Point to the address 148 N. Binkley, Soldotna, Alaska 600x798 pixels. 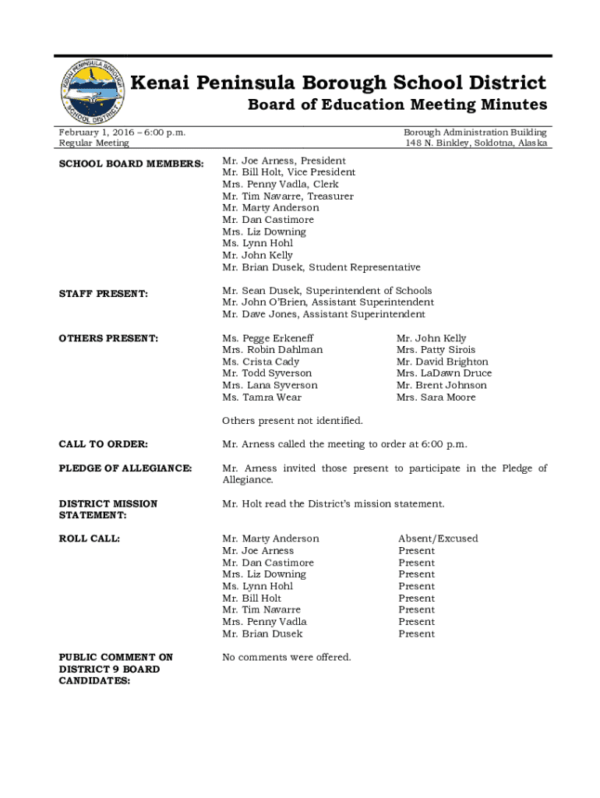(475, 143)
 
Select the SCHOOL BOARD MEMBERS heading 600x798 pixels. (132, 164)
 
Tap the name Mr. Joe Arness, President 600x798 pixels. (284, 161)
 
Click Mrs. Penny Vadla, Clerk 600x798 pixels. (280, 185)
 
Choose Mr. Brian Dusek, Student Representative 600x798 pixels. (321, 267)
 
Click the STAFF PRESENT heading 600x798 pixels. (103, 294)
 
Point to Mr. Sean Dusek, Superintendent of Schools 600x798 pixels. (326, 291)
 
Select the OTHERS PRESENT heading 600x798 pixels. (108, 338)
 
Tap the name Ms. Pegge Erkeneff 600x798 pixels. (267, 338)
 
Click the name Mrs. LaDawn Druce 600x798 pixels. (444, 373)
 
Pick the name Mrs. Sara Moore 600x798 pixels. (436, 397)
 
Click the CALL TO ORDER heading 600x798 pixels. (103, 444)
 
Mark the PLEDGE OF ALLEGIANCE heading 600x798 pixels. (125, 468)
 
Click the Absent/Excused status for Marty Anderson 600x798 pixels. (438, 538)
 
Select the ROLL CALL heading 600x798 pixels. (89, 538)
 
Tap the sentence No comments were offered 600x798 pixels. (286, 657)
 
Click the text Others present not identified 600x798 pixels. (292, 421)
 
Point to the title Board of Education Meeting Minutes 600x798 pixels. (397, 105)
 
